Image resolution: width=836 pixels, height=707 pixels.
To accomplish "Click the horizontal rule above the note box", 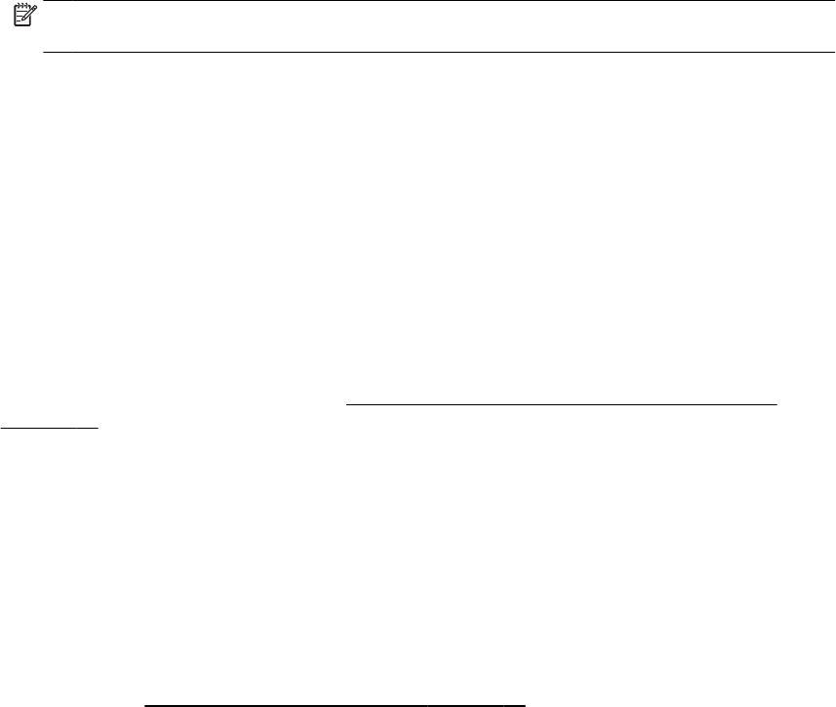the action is pos(439,1).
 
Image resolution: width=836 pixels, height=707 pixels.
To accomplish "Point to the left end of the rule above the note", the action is pos(46,1).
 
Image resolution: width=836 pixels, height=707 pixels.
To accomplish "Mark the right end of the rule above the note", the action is pos(834,1).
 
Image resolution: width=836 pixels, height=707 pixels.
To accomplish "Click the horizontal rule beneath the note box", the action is pos(439,52).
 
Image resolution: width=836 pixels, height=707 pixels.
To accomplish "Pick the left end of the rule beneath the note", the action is pos(46,52).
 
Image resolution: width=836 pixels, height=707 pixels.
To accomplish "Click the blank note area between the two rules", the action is pos(439,26).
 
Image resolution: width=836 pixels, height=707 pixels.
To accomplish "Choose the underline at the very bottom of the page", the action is pos(335,702).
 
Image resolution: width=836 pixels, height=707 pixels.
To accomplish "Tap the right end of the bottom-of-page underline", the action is pos(526,702).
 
